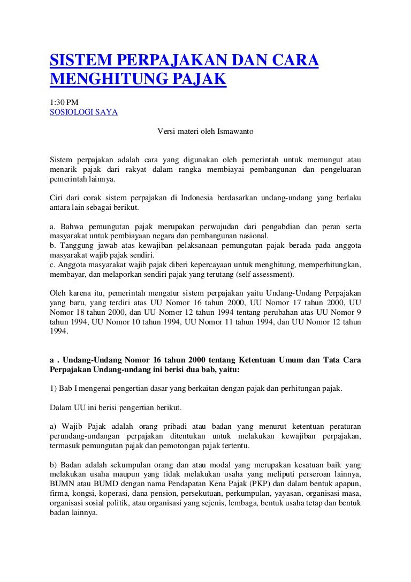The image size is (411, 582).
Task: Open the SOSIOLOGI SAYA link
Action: [x=83, y=112]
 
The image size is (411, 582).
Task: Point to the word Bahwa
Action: [x=71, y=226]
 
